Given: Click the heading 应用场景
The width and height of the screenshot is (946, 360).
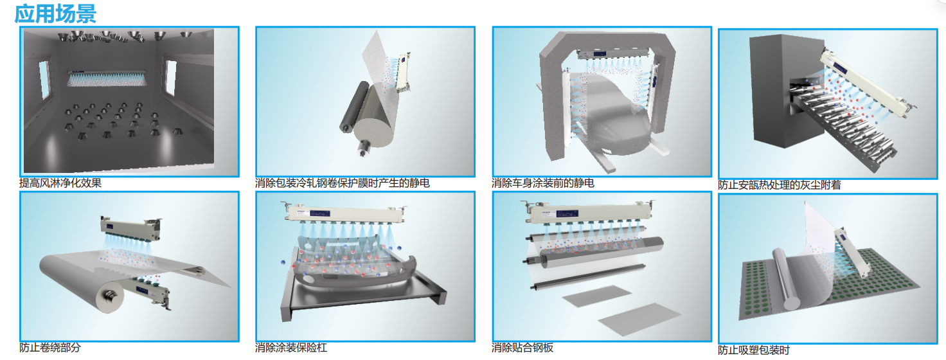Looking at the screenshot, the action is [55, 14].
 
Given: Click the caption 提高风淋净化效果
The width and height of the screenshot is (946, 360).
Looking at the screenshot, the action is [60, 183].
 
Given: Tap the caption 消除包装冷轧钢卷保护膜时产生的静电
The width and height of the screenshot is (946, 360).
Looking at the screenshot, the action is [343, 183].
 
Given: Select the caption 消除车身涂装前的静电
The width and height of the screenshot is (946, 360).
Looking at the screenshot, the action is [543, 183].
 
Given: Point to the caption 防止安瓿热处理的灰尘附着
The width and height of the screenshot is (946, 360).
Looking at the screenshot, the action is [780, 184].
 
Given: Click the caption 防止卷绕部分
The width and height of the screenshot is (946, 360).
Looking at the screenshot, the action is [50, 348].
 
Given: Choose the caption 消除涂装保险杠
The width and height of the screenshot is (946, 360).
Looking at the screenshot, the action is [291, 348].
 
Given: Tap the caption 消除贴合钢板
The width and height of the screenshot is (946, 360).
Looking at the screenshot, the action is [522, 348].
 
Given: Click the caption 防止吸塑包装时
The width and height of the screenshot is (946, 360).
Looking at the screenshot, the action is [754, 350].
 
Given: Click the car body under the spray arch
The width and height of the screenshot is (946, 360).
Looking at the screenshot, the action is [612, 118].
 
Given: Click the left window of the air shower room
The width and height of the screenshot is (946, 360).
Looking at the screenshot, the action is [44, 80].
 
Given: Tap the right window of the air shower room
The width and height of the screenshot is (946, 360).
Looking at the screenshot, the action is [170, 77].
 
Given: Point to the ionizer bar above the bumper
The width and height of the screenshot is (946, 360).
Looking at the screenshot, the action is [345, 213].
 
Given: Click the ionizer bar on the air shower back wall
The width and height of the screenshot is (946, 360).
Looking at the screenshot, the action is [107, 78].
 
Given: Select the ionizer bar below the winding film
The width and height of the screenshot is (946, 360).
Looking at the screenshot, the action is [152, 292].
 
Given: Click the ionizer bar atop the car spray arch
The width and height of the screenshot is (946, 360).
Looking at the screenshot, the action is [612, 53].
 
